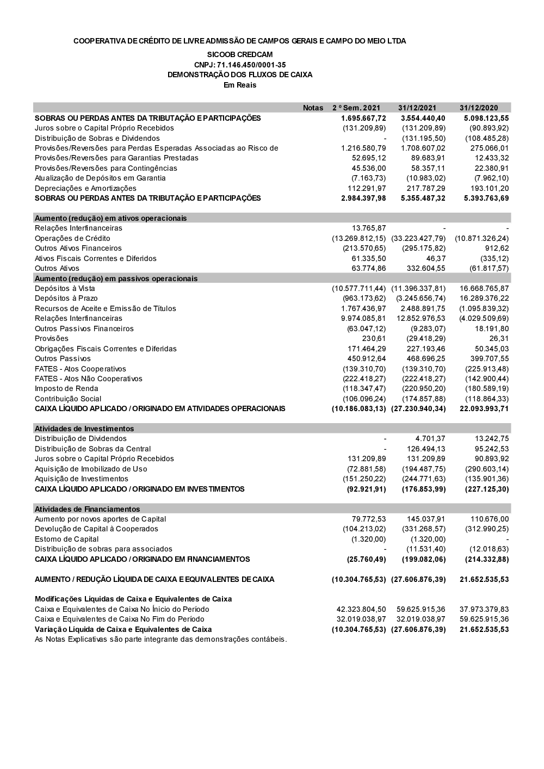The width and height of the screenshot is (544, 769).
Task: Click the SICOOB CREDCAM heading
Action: click(240, 54)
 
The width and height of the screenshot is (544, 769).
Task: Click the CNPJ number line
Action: click(240, 65)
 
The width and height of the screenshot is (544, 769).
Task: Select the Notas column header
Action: click(313, 108)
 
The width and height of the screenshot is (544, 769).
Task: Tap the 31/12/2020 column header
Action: click(478, 108)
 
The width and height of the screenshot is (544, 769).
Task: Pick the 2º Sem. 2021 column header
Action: click(356, 108)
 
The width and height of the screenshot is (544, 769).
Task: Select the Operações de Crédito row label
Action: click(72, 238)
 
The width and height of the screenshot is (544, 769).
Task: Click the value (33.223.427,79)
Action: click(418, 238)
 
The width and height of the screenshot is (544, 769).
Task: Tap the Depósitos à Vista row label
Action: click(65, 288)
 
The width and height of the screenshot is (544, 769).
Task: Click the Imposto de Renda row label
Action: click(66, 388)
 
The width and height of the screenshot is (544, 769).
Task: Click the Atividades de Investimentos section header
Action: click(84, 429)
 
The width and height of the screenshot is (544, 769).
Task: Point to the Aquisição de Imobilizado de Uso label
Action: click(91, 469)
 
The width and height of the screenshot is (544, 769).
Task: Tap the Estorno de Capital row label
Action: click(67, 539)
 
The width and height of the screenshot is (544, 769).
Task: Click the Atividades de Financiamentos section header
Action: click(87, 509)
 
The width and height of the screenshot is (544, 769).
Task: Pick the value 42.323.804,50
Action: click(361, 609)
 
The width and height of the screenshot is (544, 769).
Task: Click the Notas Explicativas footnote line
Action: click(160, 639)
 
